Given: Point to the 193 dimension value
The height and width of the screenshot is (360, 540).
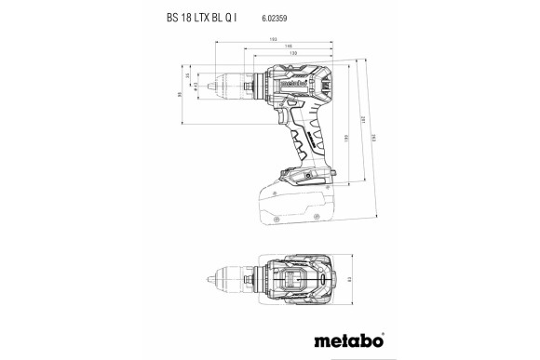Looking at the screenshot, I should (x=273, y=38).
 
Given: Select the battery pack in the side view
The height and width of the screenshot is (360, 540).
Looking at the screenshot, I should (x=289, y=200).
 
